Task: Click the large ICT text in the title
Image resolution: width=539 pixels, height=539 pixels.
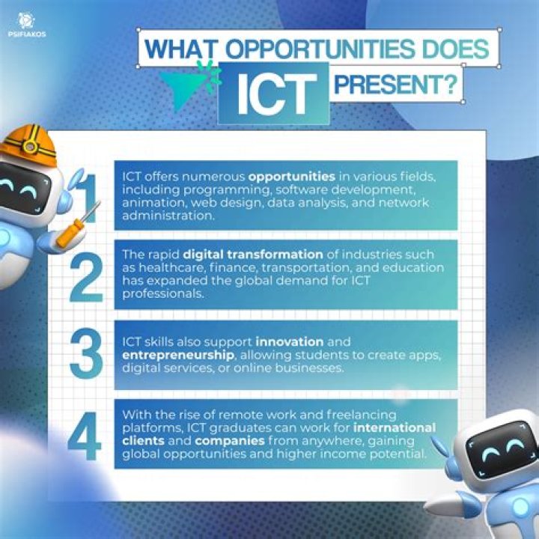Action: point(273,93)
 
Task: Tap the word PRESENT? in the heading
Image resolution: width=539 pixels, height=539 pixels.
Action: point(395,85)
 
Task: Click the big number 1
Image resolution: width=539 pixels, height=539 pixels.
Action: point(88,196)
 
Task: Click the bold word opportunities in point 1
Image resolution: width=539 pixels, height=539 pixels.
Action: point(291,177)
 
